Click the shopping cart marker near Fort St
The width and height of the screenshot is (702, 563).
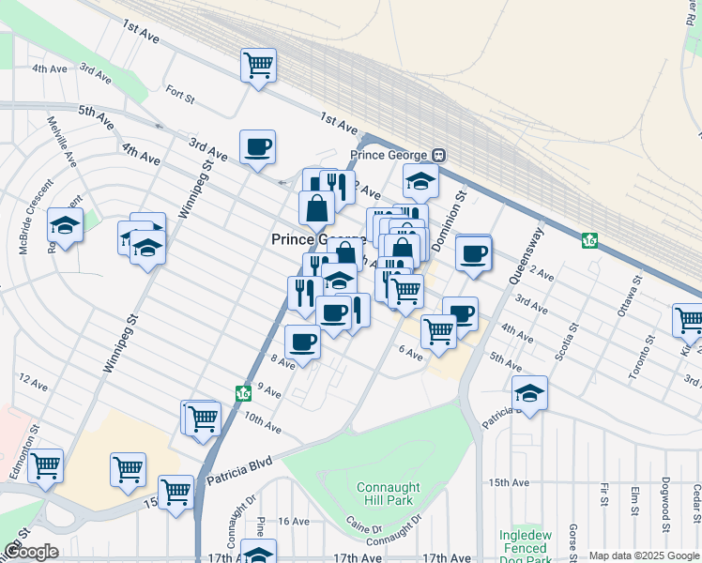tap(257, 65)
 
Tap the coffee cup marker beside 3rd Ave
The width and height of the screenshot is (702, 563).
tap(257, 146)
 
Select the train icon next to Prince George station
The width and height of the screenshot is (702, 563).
tap(438, 155)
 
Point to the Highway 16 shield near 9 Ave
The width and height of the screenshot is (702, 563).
tap(243, 391)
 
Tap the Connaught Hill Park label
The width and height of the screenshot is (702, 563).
tap(386, 495)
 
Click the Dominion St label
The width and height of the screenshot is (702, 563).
tap(461, 212)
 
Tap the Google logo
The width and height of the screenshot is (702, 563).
tap(31, 552)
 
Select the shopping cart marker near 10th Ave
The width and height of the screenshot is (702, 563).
tap(202, 418)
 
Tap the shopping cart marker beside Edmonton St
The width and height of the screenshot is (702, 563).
tap(45, 465)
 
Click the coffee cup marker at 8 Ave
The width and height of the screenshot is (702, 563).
tap(301, 342)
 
